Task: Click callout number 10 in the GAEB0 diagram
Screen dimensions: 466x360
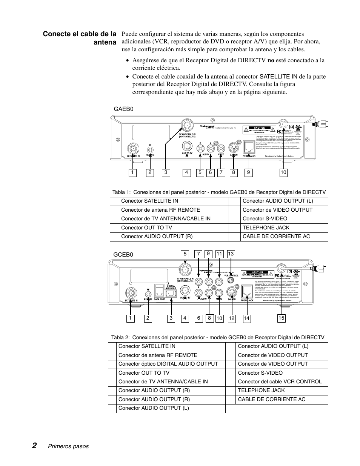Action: (x=283, y=172)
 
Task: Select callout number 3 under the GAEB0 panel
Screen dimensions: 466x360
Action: (x=166, y=172)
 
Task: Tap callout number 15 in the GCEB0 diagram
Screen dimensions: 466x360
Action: (x=281, y=318)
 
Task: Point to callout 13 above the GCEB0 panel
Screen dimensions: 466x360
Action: (x=231, y=254)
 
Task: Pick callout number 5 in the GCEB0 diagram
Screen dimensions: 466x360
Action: (x=185, y=254)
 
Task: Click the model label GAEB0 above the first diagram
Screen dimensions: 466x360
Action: (x=123, y=109)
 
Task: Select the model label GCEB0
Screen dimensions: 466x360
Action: (x=123, y=254)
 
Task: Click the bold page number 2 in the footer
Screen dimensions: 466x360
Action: (x=34, y=446)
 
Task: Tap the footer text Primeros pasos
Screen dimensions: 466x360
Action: (x=68, y=446)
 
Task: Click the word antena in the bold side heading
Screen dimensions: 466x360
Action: (x=105, y=42)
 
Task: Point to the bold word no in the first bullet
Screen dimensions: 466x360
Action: (x=271, y=60)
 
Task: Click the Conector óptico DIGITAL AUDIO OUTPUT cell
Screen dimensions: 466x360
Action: (x=168, y=364)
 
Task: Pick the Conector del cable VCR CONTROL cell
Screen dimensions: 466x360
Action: (x=280, y=381)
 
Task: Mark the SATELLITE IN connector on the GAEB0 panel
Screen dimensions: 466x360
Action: (x=133, y=148)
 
